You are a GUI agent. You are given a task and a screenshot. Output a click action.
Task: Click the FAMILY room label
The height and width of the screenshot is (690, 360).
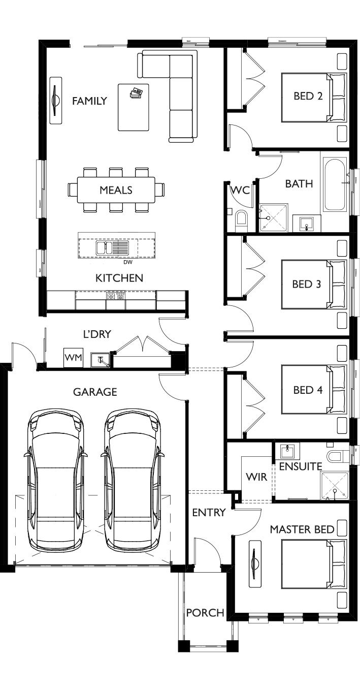coord(89,101)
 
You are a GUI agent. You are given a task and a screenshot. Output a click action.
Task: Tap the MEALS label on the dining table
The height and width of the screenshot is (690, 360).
coord(116,190)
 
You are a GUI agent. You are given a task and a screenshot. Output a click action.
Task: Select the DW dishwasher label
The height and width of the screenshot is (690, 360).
coord(128,262)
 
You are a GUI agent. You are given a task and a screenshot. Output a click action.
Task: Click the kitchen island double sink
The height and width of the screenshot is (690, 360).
coord(112,247)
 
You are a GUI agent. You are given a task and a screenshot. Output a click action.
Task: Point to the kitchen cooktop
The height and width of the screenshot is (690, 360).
coord(116,296)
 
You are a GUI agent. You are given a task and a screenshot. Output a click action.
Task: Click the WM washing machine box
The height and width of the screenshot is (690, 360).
coord(73,357)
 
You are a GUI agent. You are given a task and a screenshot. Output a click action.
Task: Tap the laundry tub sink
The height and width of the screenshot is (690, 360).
coord(100,360)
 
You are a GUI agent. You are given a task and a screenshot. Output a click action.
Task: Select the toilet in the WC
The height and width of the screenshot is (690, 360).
coord(241,220)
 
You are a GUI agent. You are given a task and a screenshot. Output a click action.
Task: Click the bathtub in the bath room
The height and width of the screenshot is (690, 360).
coord(335,184)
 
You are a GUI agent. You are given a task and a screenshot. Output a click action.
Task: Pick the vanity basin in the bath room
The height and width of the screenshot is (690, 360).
coord(306,223)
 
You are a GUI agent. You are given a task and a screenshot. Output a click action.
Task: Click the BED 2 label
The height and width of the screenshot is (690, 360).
coord(308,96)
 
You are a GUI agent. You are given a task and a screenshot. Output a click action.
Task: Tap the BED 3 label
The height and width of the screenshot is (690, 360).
coord(306,284)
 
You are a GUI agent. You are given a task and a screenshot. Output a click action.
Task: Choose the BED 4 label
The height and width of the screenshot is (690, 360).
coord(308,390)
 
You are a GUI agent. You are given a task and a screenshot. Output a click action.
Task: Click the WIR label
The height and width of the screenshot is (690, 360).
coord(256,477)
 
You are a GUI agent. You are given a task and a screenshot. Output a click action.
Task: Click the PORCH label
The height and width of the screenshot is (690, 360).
coord(205,613)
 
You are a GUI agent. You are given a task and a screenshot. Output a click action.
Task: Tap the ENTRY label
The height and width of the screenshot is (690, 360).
coord(209,513)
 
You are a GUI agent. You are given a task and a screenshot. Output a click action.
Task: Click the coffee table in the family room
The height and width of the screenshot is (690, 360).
coord(134,107)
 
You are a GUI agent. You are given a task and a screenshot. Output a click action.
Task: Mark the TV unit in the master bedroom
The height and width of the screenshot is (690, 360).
coord(255,563)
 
